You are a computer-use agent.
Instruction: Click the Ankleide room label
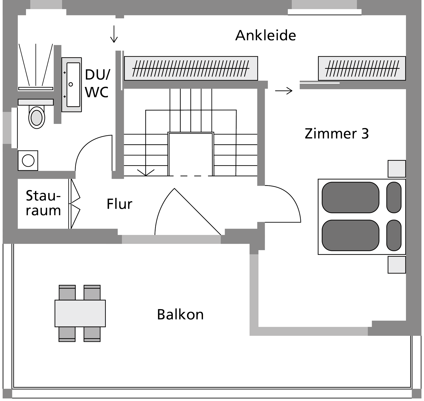[266, 35]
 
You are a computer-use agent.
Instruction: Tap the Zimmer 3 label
[337, 134]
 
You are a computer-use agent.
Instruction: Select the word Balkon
[180, 315]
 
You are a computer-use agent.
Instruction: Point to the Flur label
[119, 204]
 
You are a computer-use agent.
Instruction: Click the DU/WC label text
[97, 84]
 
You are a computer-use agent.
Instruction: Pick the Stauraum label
[43, 203]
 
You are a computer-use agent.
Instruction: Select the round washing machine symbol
[28, 160]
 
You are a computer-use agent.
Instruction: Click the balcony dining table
[80, 313]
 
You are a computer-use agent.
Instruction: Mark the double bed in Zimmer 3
[361, 217]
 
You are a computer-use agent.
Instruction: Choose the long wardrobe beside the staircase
[191, 68]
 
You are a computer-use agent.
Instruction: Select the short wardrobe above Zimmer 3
[362, 68]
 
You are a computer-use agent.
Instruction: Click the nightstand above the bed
[396, 169]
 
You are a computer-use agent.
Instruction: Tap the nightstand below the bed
[396, 265]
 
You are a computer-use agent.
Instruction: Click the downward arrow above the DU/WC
[114, 34]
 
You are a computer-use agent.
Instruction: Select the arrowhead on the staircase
[146, 173]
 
